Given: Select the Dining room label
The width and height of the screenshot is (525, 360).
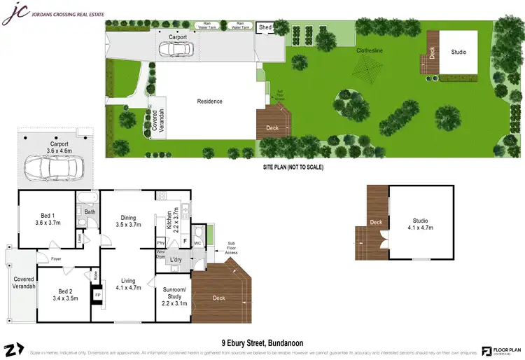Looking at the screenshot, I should [129, 221].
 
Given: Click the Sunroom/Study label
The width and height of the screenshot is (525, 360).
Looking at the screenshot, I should [174, 297].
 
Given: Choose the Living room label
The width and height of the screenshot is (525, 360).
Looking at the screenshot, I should [128, 284].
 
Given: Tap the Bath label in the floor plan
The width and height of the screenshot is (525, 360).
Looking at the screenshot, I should [90, 212].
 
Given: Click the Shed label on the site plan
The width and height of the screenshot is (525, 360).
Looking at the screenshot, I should [265, 28].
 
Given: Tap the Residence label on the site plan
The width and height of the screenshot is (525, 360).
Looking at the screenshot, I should [209, 101].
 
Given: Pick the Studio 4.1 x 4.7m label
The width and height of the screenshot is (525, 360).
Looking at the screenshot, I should [421, 223].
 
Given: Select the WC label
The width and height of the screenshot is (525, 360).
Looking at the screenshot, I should [197, 243].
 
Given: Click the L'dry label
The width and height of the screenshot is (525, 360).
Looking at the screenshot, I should [176, 261].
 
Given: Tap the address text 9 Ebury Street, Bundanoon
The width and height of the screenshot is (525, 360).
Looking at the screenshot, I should [262, 343].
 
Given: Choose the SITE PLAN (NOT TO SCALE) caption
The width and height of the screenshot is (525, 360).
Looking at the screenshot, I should [293, 167].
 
